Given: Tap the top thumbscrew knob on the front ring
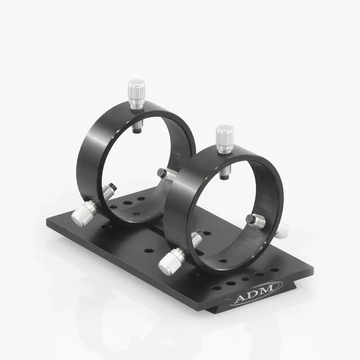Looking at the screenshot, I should [225, 134].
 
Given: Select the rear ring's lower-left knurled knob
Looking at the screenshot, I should [83, 213].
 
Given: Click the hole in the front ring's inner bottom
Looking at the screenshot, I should [221, 260].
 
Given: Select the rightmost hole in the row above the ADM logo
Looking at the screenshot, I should [274, 270].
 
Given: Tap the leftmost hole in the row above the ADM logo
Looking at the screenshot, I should [216, 288].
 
